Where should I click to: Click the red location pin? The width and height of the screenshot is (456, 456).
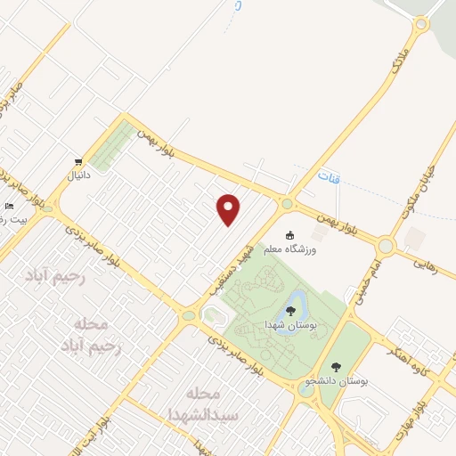pos(229,208)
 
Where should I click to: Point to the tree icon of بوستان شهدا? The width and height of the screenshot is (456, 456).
pos(290,310)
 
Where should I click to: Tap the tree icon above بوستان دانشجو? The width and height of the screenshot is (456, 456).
pos(336,365)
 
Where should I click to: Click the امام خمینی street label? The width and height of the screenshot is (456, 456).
pos(368,281)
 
